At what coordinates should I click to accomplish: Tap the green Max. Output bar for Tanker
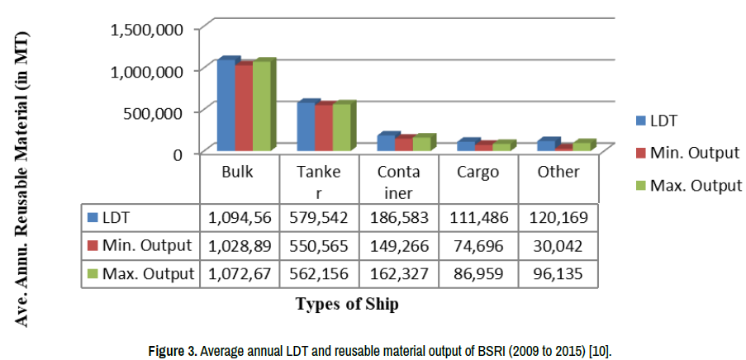tap(341, 127)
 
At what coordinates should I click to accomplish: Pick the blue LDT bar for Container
tap(386, 142)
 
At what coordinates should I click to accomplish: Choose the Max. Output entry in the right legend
tap(696, 185)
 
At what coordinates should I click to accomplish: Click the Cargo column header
tap(478, 173)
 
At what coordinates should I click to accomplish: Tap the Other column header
tap(558, 173)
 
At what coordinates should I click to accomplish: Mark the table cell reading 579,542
tap(319, 218)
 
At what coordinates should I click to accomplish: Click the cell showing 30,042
tap(558, 245)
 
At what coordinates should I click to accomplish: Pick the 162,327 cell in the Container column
tap(398, 273)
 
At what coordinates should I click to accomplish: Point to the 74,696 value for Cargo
tap(478, 245)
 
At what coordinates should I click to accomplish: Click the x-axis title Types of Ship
tap(347, 304)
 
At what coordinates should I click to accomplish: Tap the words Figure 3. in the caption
tap(172, 352)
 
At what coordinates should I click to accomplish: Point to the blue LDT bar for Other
tap(546, 145)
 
